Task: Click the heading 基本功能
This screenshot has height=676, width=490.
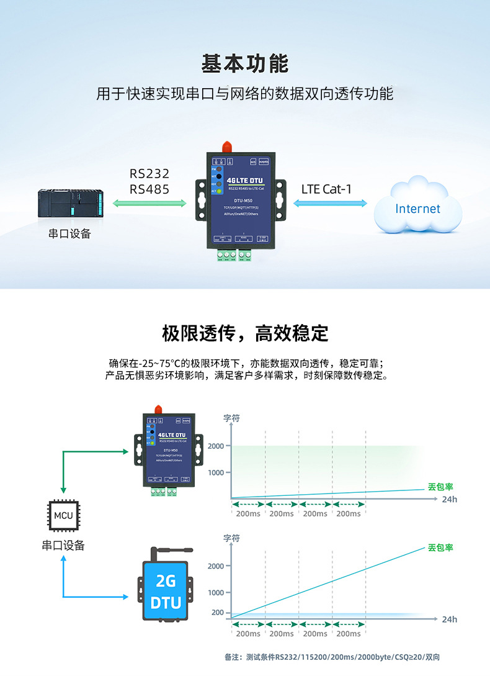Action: tap(245, 63)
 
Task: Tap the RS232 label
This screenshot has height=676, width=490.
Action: tap(149, 174)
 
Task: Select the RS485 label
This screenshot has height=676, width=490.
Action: tap(149, 189)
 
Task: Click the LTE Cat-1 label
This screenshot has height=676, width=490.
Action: tap(326, 189)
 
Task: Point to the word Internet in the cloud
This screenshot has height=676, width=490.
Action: tap(417, 209)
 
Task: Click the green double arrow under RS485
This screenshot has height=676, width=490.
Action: tap(149, 203)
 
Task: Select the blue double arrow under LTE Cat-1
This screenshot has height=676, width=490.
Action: tap(330, 203)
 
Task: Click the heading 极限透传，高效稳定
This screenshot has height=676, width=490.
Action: tap(245, 333)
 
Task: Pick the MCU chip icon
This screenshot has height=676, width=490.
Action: tap(63, 516)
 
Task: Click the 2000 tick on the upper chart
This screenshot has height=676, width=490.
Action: tap(216, 446)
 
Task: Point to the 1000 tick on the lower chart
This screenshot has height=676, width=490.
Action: tap(216, 592)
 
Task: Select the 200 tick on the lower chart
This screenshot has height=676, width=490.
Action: tap(217, 613)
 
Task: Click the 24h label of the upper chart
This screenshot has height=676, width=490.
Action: tap(449, 499)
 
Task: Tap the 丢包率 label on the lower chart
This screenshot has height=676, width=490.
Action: tap(440, 548)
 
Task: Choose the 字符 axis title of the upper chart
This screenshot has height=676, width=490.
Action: tap(231, 418)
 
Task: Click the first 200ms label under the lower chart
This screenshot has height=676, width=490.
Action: tap(248, 634)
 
